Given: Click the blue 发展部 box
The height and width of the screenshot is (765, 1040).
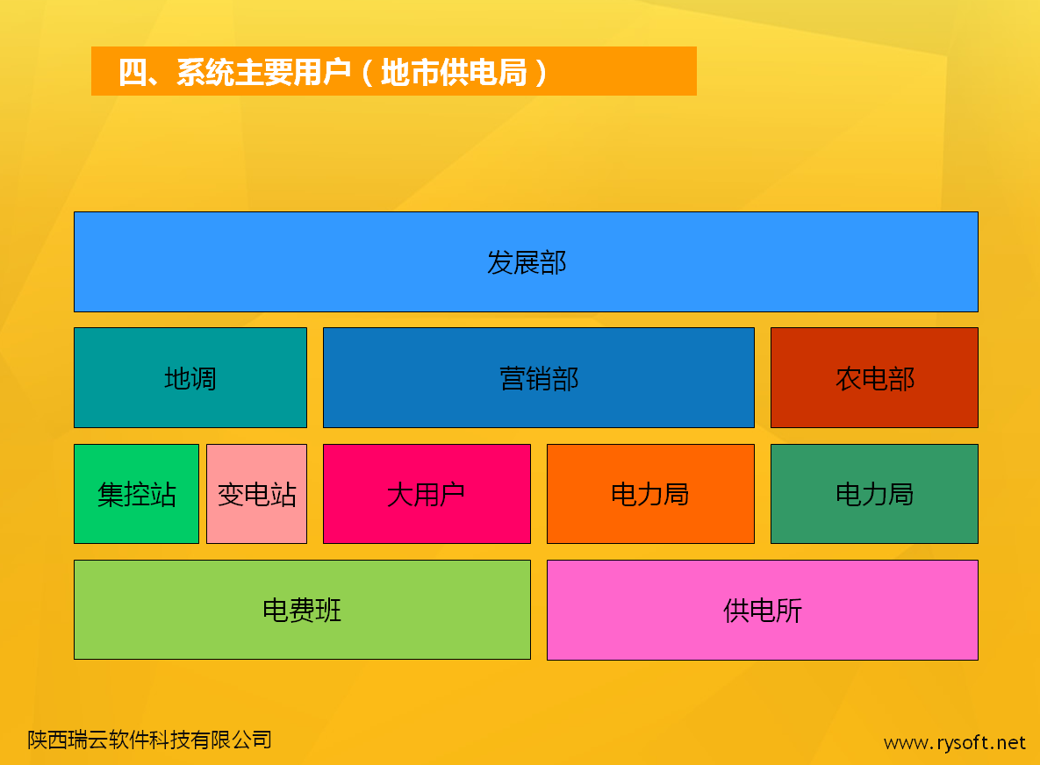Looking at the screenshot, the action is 526,261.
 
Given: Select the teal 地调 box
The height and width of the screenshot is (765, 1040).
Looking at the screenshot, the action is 190,378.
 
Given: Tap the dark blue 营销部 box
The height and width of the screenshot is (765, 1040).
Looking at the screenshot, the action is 539,378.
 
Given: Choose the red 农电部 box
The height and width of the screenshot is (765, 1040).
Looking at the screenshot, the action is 874,378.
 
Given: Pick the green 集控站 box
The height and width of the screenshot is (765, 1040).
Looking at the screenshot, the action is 137,494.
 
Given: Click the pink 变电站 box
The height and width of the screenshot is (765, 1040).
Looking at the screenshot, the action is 256,494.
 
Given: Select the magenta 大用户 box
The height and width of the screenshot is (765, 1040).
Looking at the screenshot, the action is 427,494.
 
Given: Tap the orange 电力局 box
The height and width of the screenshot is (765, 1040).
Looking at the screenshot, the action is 650,494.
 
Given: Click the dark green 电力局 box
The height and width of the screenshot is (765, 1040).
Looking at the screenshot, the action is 874,494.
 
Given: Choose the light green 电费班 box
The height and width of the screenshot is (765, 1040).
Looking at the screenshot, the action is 303,610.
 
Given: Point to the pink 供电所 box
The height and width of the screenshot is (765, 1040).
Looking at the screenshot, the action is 763,610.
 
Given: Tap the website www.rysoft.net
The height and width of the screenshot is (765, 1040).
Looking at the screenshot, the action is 955,742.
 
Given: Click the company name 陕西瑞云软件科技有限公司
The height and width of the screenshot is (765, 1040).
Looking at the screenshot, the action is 150,740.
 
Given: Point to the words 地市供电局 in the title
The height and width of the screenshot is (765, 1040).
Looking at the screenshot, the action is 455,72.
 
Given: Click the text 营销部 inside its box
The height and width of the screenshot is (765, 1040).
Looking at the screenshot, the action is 539,379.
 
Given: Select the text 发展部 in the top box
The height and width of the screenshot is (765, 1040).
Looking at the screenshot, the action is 527,262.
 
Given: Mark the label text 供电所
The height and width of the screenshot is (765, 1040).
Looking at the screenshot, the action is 763,611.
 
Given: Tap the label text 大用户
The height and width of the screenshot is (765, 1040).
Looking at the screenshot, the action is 426,495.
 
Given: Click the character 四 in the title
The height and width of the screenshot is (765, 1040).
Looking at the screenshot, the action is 133,72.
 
